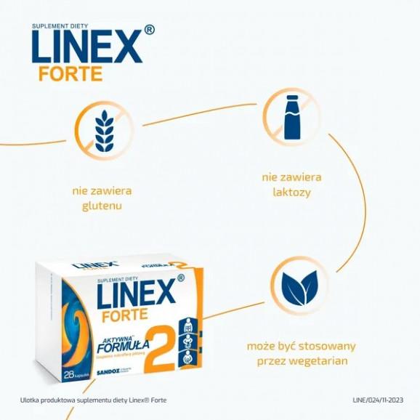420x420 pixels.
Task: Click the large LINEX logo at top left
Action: [x=86, y=47]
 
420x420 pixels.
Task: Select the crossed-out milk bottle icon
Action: [x=291, y=116]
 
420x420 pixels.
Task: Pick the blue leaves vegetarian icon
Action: [x=299, y=284]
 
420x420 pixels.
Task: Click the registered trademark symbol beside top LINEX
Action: [x=150, y=31]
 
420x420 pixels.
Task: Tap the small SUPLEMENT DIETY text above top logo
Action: [x=60, y=25]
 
